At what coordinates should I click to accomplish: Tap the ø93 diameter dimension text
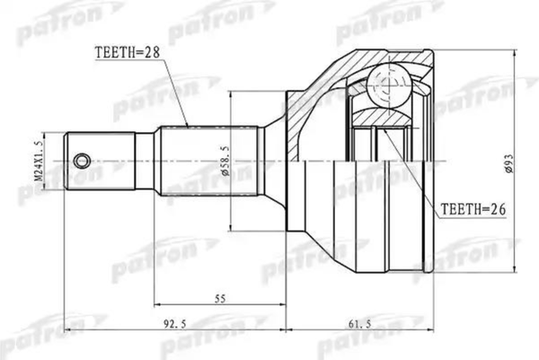coord(508,161)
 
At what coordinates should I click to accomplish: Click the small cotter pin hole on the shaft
coord(82,161)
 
